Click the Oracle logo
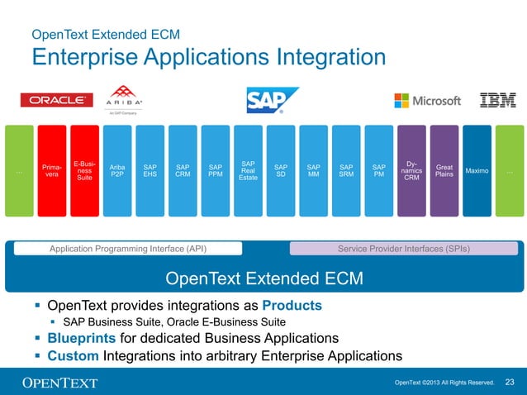[x=56, y=100]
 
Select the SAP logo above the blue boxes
[x=272, y=100]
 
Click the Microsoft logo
[x=427, y=100]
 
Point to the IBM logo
[x=498, y=100]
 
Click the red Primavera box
[x=51, y=171]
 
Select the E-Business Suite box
[x=84, y=171]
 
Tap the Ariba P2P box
[x=117, y=171]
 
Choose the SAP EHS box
[x=150, y=171]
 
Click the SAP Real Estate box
[x=248, y=171]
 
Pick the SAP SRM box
[x=346, y=171]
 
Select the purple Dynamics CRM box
[x=411, y=171]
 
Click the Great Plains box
[x=444, y=171]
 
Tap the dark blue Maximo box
[x=477, y=171]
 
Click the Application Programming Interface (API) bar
[x=128, y=248]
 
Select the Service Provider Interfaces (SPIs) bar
[x=404, y=248]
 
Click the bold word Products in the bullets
[x=292, y=306]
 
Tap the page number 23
[x=509, y=382]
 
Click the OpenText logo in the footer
[x=59, y=382]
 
